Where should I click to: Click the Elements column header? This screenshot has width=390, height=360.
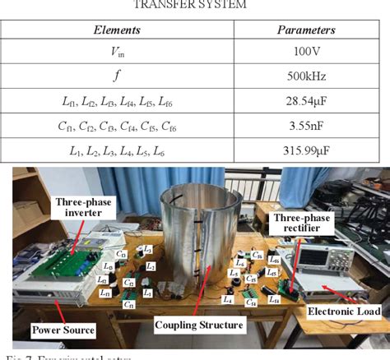[116, 29]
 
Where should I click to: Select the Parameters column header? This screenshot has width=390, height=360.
[305, 29]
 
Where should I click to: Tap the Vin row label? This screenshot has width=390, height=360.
[116, 53]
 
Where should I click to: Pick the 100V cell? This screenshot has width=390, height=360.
[305, 53]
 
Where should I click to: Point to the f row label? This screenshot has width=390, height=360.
[116, 77]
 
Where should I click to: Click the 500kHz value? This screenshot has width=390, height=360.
[305, 77]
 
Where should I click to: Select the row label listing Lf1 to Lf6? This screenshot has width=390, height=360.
[116, 102]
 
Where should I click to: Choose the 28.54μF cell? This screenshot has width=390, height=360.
[305, 102]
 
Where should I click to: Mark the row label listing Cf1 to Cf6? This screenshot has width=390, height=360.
[116, 127]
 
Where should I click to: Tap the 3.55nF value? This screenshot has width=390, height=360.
[305, 127]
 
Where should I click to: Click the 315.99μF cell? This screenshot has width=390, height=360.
[305, 151]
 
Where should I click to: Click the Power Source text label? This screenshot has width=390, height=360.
[63, 330]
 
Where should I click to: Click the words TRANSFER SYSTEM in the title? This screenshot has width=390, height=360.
[196, 5]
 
